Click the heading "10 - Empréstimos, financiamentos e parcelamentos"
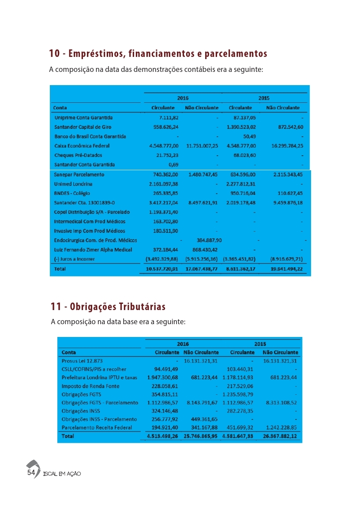coord(158,54)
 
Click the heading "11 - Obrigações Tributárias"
coord(109,306)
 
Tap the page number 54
coord(31,472)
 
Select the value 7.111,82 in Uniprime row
coord(169,118)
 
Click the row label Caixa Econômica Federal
coord(82,146)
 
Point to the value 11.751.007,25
coord(202,146)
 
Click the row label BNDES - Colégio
coord(72,193)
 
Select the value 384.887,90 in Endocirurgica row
coord(209,240)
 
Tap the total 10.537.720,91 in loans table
coord(162,269)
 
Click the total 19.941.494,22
coord(284,269)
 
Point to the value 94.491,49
coord(166,369)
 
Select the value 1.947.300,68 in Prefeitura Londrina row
coord(162,378)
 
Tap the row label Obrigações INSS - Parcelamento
coord(99,419)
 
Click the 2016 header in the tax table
coord(183,344)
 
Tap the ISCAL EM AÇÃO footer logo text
coord(62,474)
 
